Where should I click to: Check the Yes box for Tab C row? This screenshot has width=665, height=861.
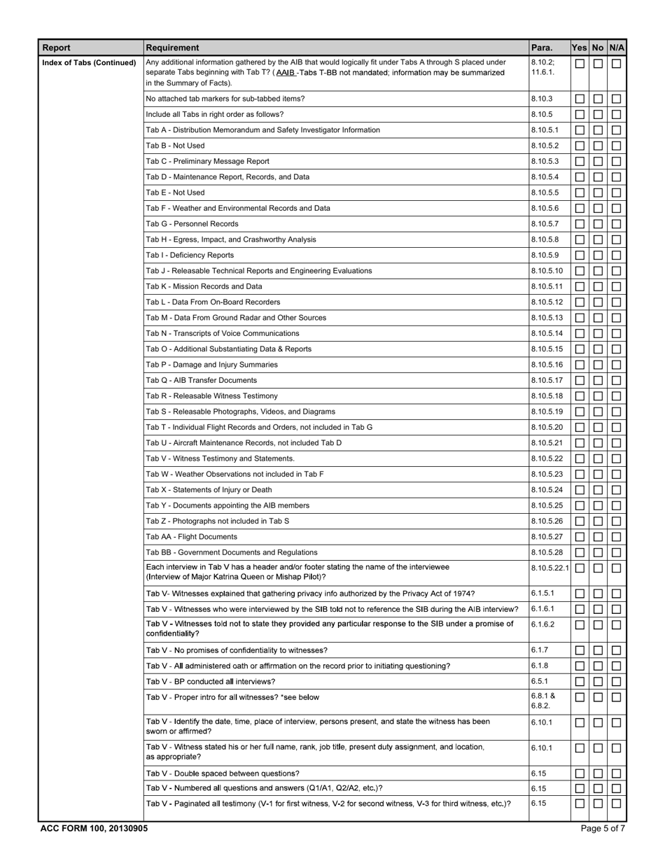coord(580,162)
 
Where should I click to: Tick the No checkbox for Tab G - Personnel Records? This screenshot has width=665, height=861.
coord(598,224)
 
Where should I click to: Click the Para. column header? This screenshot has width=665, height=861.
coord(541,48)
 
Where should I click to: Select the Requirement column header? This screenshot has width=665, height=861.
coord(172,48)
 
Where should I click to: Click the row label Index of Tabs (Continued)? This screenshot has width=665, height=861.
coord(89,63)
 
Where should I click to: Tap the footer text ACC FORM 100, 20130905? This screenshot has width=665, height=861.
coord(94,828)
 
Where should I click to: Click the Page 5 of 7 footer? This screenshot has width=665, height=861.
coord(603,828)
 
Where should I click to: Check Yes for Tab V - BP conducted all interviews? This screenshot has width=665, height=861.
coord(580,682)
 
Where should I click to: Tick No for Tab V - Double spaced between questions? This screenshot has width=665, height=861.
coord(598,773)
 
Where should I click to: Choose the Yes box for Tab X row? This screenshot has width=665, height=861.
coord(580,490)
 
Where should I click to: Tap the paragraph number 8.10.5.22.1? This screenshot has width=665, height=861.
coord(550,568)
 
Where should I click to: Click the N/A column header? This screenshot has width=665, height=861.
coord(616,48)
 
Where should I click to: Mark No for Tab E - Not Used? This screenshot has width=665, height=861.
coord(598,193)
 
